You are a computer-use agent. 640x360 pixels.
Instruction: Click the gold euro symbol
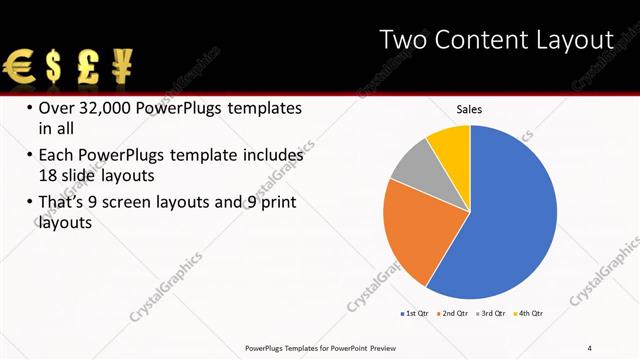(20, 68)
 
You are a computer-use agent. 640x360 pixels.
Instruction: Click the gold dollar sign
(54, 68)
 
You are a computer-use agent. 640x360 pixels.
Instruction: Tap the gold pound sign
(88, 68)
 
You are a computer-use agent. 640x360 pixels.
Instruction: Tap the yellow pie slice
(450, 144)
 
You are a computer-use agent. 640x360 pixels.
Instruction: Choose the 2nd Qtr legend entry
(455, 314)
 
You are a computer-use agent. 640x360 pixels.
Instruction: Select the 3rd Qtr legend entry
(492, 314)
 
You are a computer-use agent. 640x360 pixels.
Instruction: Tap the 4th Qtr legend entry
(530, 314)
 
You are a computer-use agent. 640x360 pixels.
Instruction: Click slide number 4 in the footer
(588, 348)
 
